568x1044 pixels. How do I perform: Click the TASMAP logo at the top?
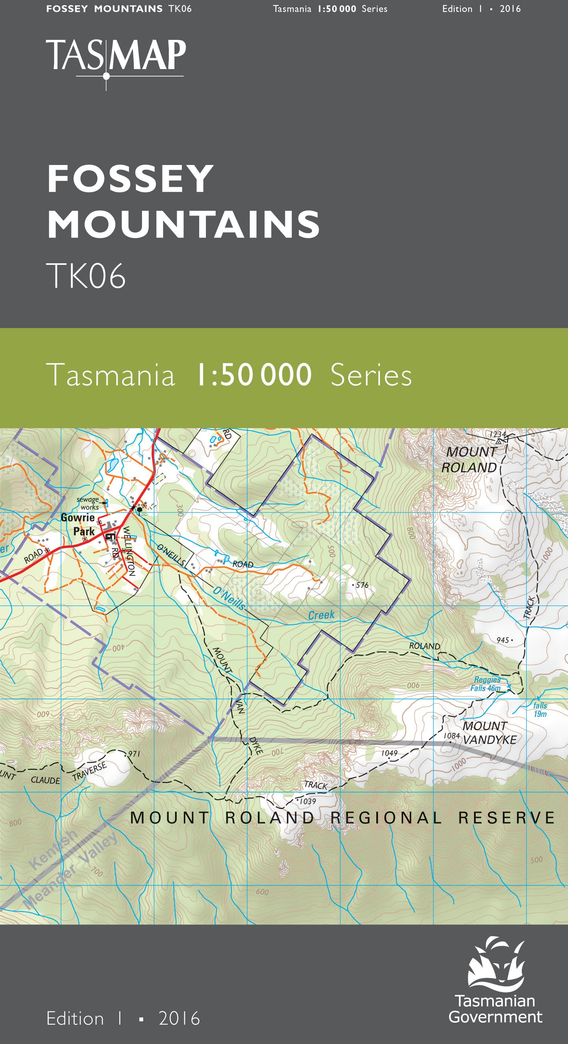click(116, 57)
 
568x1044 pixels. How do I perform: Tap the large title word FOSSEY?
click(131, 179)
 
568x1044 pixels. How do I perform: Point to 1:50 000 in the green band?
click(254, 375)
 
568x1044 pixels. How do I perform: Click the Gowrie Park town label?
click(78, 525)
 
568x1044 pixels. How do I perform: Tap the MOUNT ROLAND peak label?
click(470, 459)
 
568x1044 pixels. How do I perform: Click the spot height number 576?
click(362, 585)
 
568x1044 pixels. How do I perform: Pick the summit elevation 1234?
click(497, 435)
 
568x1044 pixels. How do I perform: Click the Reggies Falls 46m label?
click(486, 684)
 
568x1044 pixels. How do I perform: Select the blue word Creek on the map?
click(321, 615)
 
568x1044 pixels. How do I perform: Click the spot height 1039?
click(308, 801)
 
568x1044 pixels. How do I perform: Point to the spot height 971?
click(134, 754)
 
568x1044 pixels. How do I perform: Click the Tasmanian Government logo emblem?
click(496, 963)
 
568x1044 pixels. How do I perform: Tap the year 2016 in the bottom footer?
click(179, 1018)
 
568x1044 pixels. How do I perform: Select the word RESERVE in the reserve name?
click(506, 817)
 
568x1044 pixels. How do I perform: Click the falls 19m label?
click(540, 710)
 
